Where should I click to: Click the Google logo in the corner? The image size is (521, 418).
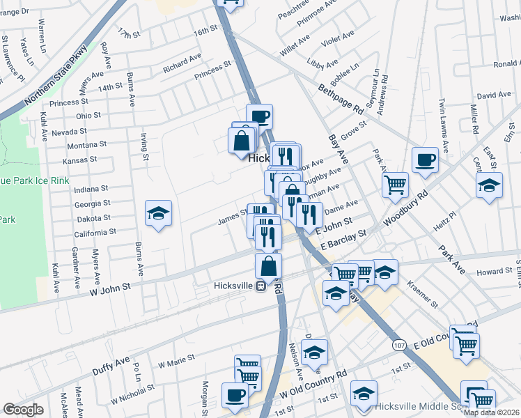(x=23, y=410)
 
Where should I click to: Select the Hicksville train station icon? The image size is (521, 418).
(x=260, y=286)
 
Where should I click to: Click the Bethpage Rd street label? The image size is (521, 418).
(x=341, y=100)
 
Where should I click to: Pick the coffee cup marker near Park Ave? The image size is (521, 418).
(x=424, y=160)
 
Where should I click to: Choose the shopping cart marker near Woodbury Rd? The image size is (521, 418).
(x=395, y=185)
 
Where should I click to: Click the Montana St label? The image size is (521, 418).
(x=86, y=145)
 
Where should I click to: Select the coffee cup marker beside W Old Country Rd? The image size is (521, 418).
(x=235, y=395)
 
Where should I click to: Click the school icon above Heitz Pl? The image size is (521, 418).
(x=489, y=185)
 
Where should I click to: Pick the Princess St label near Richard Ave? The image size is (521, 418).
(x=212, y=70)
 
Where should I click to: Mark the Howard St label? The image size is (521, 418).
(x=495, y=272)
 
